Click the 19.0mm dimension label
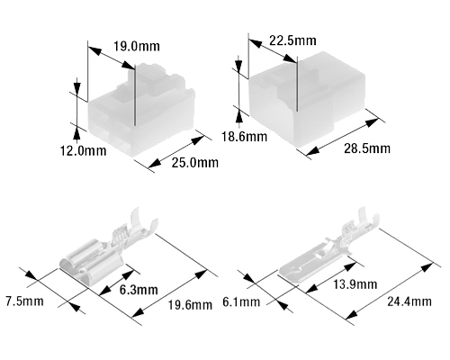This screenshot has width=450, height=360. coord(137,47)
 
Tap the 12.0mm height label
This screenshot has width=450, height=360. coord(84,150)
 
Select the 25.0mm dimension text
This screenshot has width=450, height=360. coord(195,163)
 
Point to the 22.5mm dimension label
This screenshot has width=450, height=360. coord(292,40)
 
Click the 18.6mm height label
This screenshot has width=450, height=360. coord(244,137)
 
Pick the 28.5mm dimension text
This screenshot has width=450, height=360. coord(367,148)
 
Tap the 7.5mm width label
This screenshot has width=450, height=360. coord(24,301)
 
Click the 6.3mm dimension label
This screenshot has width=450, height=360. coord(139,290)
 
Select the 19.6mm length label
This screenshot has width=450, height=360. coord(190,305)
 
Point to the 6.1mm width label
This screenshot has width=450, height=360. coord(241,301)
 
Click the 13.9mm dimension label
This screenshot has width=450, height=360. coord(355,284)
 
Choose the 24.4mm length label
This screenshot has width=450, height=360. coord(409,301)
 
